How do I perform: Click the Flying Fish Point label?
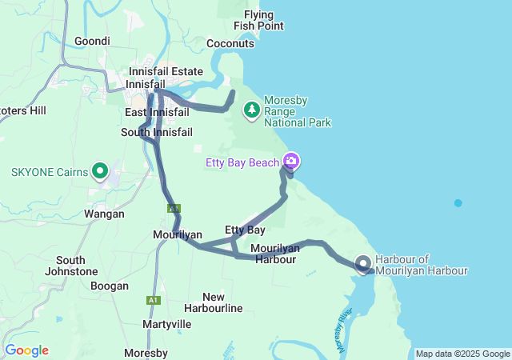coord(258,20)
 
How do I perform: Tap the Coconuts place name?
coord(230,43)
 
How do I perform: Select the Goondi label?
coord(92,41)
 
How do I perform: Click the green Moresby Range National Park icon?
coord(252,108)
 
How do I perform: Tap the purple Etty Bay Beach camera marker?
coord(290,161)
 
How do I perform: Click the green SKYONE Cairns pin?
coord(100,170)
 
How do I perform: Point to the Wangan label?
coord(104,214)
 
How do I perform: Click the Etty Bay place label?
coord(245,230)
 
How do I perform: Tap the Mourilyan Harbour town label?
coord(274,254)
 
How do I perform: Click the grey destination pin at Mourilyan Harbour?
coord(363,263)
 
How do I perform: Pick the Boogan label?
coord(110,286)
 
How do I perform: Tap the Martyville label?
coord(166,324)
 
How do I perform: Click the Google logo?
coord(26,350)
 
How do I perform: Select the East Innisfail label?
coord(157,112)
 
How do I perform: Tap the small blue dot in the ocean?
coord(458,203)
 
